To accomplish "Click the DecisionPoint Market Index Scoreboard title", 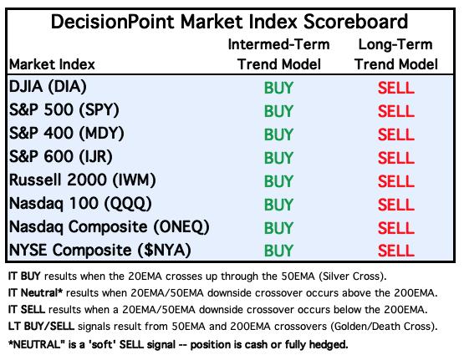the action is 229,22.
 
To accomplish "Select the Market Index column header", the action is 52,64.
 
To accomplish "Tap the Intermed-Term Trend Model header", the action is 279,54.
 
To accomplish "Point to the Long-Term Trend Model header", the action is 396,54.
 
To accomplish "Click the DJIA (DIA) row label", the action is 48,87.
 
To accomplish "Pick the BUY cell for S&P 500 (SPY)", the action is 278,111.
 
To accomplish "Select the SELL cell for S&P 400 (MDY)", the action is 396,134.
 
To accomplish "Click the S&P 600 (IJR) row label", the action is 61,157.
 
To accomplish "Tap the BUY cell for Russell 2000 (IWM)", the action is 278,181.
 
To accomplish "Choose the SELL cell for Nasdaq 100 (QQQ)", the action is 396,205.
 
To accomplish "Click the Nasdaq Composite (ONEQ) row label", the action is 110,227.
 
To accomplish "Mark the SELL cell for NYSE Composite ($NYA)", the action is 396,251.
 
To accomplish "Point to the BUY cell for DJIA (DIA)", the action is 278,88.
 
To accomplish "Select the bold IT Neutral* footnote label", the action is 35,293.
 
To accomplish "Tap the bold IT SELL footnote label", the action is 27,309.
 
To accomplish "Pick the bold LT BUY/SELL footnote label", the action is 41,327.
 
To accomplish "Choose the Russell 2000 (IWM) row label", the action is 83,180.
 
